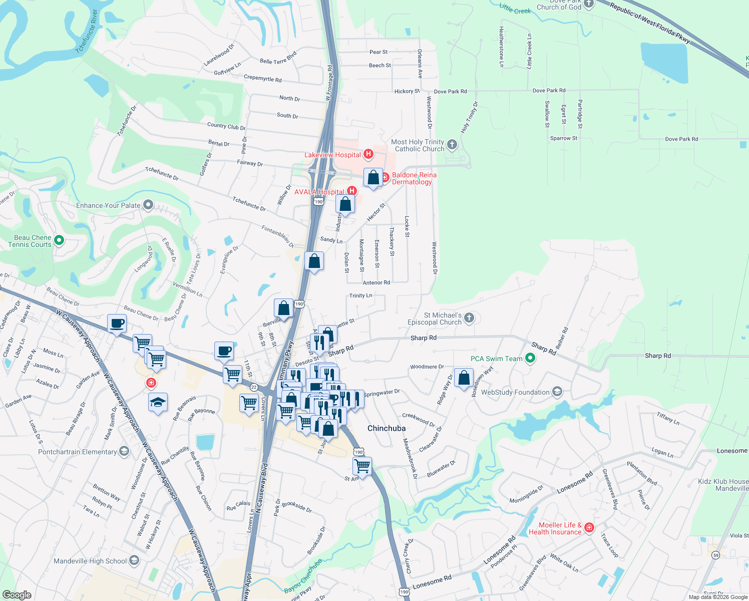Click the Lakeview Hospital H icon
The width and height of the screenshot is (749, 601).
(x=368, y=154)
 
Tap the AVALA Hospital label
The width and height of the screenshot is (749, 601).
(x=319, y=192)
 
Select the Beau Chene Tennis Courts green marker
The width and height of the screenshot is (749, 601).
(x=59, y=241)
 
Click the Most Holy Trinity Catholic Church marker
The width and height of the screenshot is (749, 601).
(x=452, y=145)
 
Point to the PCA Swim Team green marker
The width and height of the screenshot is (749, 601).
(x=530, y=359)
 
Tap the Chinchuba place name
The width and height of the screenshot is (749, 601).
(x=387, y=428)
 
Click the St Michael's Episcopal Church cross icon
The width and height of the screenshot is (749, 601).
(x=469, y=318)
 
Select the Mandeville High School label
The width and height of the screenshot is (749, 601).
(x=90, y=561)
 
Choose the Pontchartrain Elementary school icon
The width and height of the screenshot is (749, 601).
(x=124, y=452)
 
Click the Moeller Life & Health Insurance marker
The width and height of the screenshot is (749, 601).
(x=589, y=528)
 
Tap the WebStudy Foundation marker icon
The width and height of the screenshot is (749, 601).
(x=557, y=392)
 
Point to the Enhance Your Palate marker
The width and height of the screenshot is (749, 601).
(x=148, y=205)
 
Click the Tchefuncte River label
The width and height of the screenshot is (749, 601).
(x=87, y=31)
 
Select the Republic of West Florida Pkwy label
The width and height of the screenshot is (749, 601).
(x=650, y=23)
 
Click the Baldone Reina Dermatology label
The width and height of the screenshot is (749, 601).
(x=414, y=178)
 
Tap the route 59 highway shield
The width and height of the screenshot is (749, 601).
(x=716, y=555)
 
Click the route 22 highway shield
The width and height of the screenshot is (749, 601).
(x=254, y=387)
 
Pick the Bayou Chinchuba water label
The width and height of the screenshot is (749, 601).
(x=303, y=576)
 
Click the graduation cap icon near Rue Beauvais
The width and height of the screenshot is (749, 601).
(x=158, y=403)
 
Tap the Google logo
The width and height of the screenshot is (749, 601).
(x=17, y=594)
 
